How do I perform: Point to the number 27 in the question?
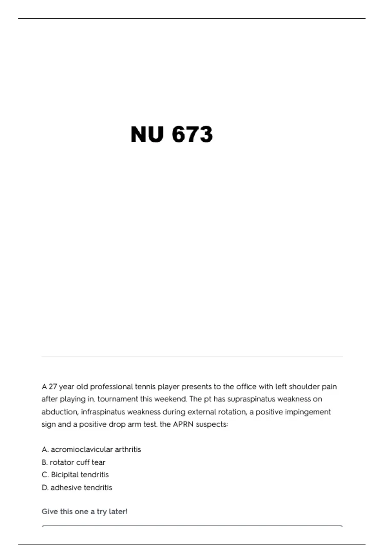tap(53, 387)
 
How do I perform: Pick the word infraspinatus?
tap(103, 412)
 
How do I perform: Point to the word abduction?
tap(60, 412)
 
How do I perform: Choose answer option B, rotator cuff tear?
tap(74, 462)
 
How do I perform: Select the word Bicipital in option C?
tap(64, 474)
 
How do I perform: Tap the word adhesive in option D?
tap(64, 488)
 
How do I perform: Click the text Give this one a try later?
tap(84, 512)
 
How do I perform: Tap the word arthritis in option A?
tap(128, 449)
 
